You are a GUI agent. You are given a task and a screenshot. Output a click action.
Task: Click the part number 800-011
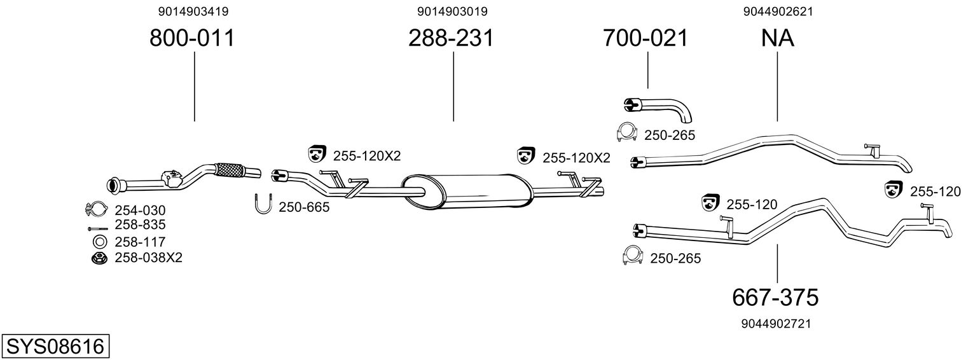192,38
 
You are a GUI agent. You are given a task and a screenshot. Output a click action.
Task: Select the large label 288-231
452,38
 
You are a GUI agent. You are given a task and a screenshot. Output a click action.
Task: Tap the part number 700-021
645,38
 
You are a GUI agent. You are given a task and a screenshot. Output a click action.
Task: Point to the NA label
778,38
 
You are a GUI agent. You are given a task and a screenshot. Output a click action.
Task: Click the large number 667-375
775,298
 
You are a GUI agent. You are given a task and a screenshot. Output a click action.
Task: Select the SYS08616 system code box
55,347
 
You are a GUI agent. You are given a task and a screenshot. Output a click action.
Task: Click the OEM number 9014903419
193,11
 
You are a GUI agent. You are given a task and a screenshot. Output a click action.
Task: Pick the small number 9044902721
776,324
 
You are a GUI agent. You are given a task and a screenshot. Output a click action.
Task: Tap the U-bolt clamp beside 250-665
263,204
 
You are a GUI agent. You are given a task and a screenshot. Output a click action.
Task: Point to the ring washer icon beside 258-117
99,242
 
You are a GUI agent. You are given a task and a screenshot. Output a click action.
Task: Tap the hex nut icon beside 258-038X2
99,258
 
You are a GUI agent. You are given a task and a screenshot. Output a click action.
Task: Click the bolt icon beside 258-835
97,228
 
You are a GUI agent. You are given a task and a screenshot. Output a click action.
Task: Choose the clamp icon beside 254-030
97,209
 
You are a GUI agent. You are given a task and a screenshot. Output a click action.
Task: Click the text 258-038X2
149,258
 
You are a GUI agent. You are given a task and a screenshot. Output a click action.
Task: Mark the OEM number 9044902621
778,11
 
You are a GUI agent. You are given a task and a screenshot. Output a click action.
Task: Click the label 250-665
304,207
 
